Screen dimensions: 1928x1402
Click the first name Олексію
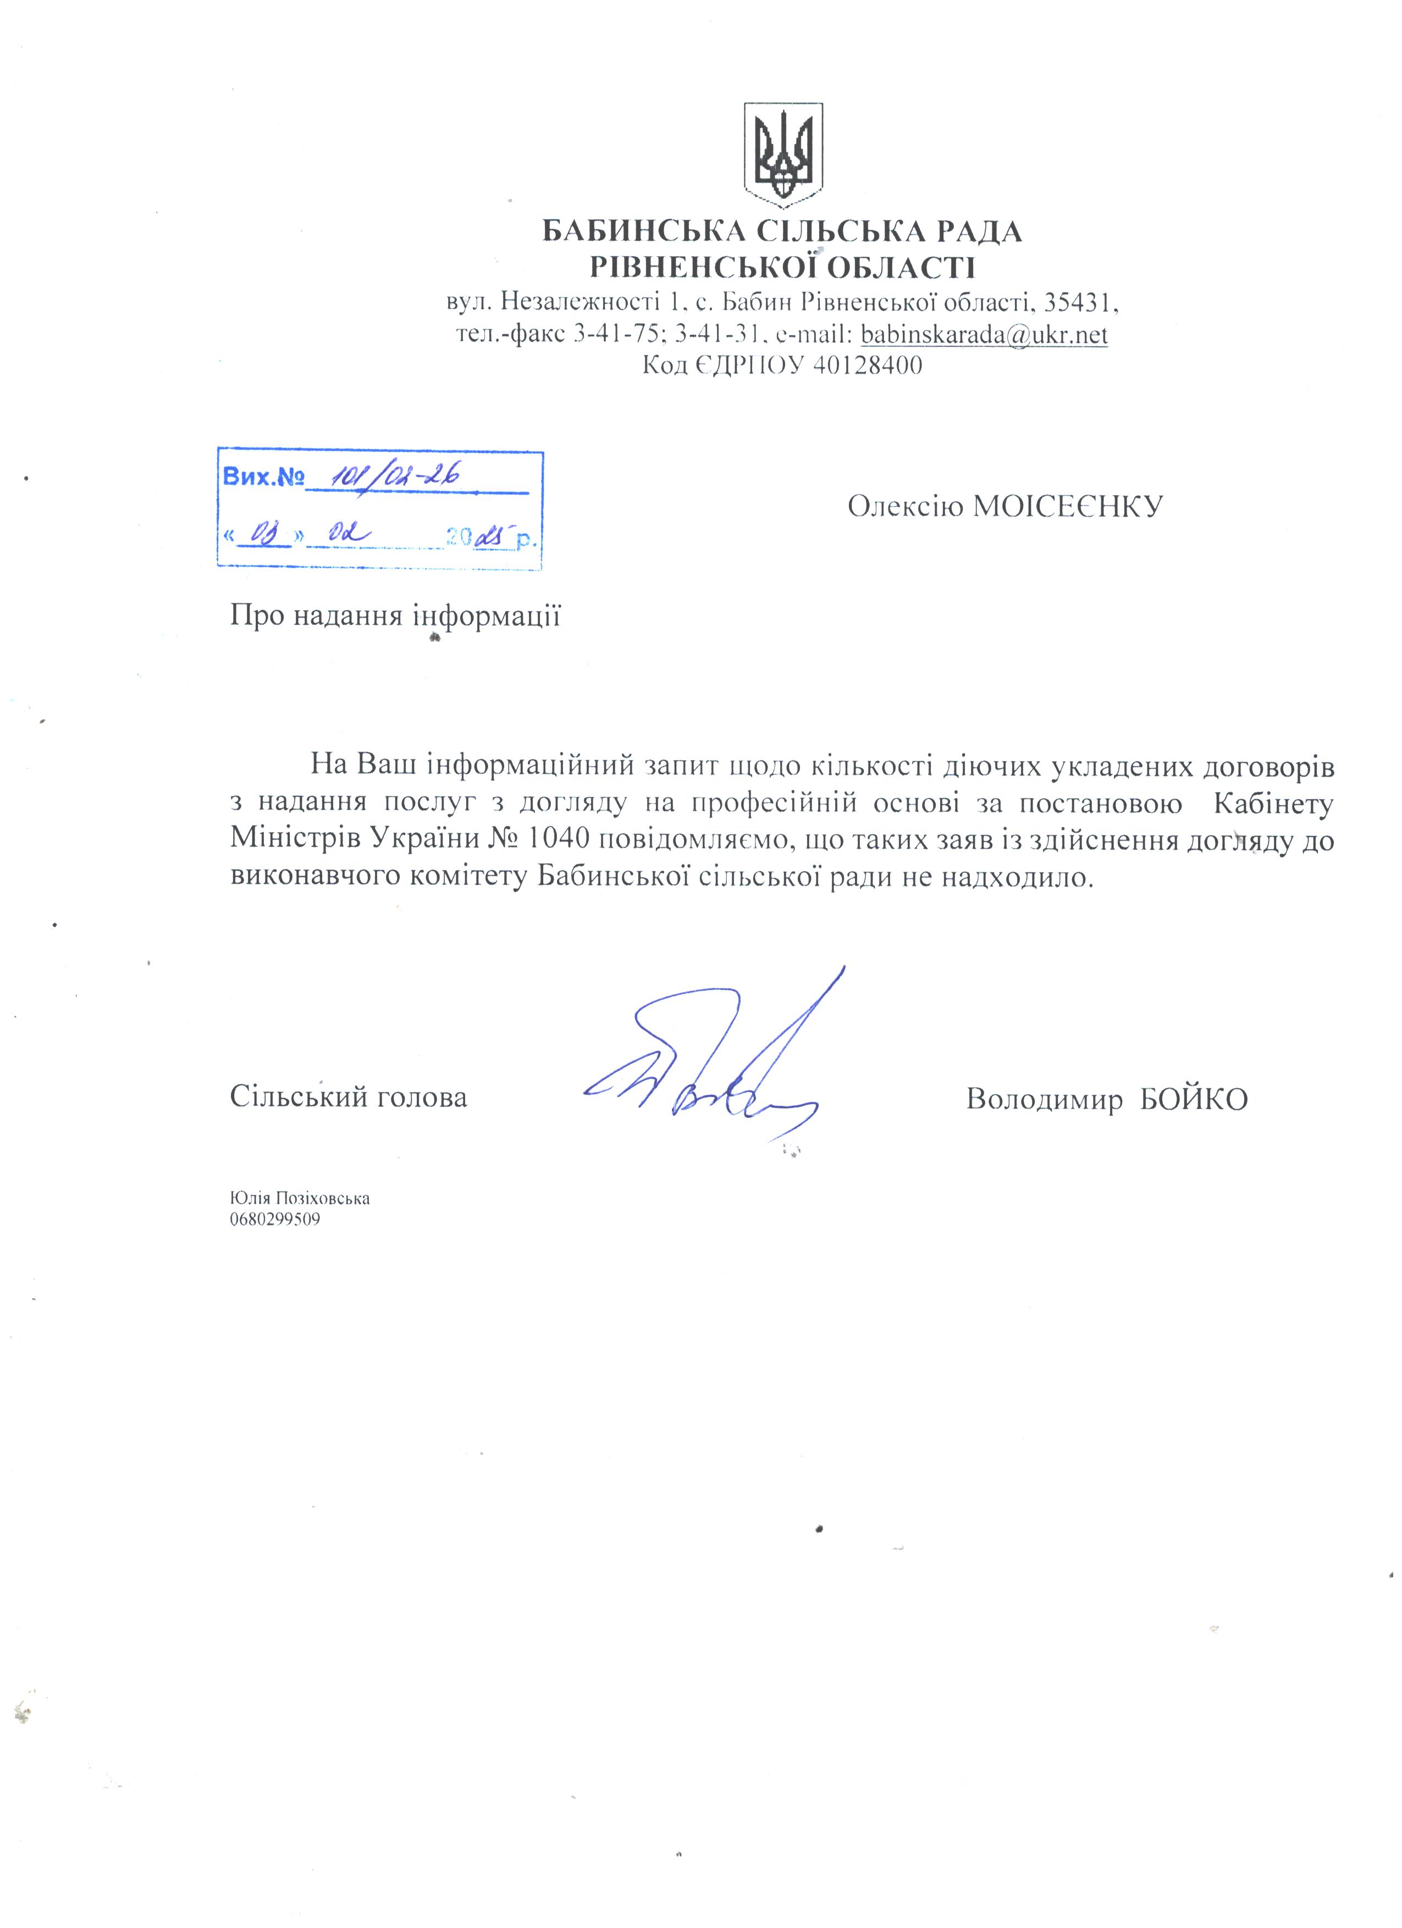[906, 507]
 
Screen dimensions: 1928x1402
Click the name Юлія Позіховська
[300, 1199]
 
